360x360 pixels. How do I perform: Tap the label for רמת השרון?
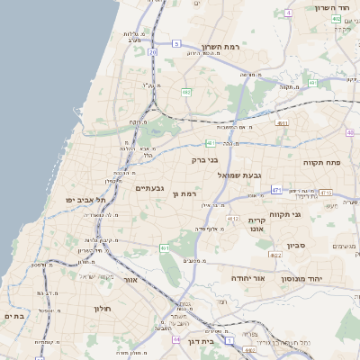(x=224, y=46)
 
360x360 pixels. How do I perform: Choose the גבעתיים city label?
(x=148, y=188)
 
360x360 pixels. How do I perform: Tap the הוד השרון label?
(x=332, y=7)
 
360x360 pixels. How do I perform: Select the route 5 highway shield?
(x=177, y=43)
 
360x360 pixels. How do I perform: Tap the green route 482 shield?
(x=186, y=92)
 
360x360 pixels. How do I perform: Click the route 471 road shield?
(x=276, y=190)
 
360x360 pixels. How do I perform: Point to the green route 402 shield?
(x=336, y=18)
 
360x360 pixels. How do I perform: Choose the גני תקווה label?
(x=283, y=213)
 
